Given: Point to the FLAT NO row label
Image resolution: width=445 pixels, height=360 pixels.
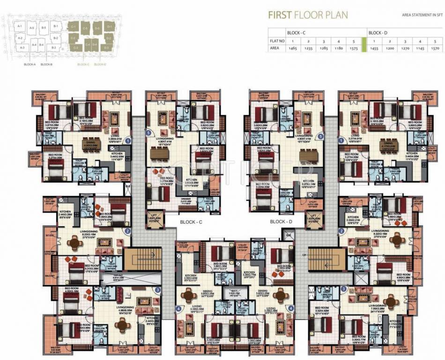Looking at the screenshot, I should [x=277, y=41].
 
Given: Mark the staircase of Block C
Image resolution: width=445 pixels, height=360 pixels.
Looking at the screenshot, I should [x=142, y=260].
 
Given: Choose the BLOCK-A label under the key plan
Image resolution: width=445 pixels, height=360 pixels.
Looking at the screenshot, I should [x=30, y=64].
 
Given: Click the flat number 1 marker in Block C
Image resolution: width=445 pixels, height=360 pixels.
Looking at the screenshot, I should [x=128, y=139].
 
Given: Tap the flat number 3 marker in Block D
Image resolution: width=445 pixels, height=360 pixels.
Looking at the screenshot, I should [x=344, y=289].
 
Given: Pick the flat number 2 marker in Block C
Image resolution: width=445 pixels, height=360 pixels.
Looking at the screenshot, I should [x=127, y=231].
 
